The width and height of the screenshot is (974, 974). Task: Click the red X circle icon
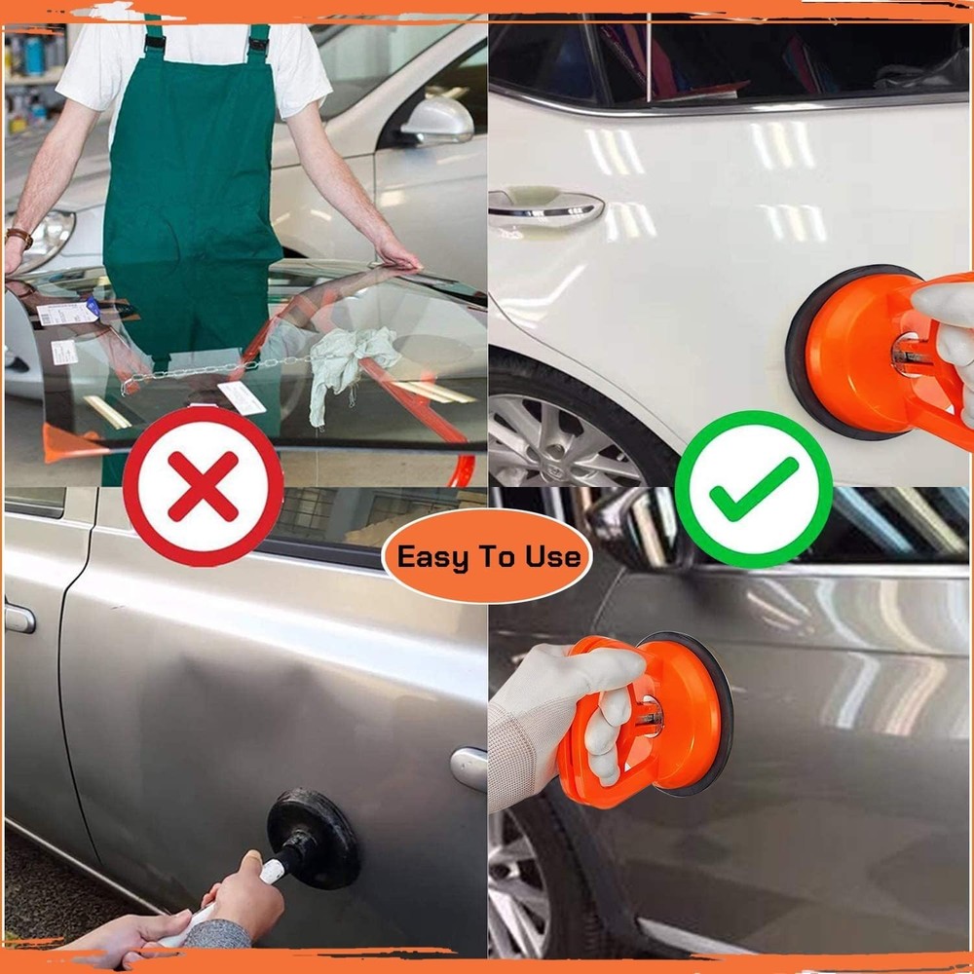[x=204, y=485]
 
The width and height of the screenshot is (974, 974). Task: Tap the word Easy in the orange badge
[x=433, y=557]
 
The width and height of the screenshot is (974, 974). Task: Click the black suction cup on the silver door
[x=313, y=837]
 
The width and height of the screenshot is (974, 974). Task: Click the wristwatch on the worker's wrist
[x=19, y=237]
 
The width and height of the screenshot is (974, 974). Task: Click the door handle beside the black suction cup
[x=468, y=768]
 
